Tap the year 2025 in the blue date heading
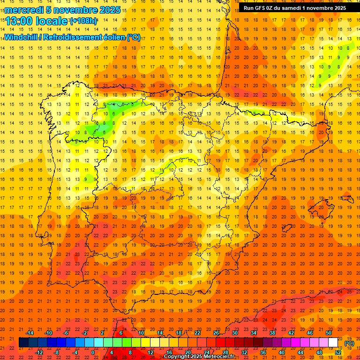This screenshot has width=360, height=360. click(x=107, y=10)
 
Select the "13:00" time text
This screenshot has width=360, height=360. click(x=19, y=22)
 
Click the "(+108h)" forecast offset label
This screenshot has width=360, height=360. click(x=83, y=21)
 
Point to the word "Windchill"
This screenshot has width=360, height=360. click(x=22, y=37)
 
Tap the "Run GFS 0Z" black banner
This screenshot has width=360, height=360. click(x=294, y=7)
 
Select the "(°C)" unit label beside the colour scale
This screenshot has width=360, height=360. click(x=349, y=343)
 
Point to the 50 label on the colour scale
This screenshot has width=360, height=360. click(x=329, y=333)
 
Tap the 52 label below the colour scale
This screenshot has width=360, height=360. click(x=338, y=352)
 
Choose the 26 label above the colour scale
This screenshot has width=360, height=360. click(x=216, y=333)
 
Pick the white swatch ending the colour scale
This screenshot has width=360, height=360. click(x=333, y=343)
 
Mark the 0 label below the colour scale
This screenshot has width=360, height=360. click(x=93, y=352)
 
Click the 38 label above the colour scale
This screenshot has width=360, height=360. click(x=272, y=333)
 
